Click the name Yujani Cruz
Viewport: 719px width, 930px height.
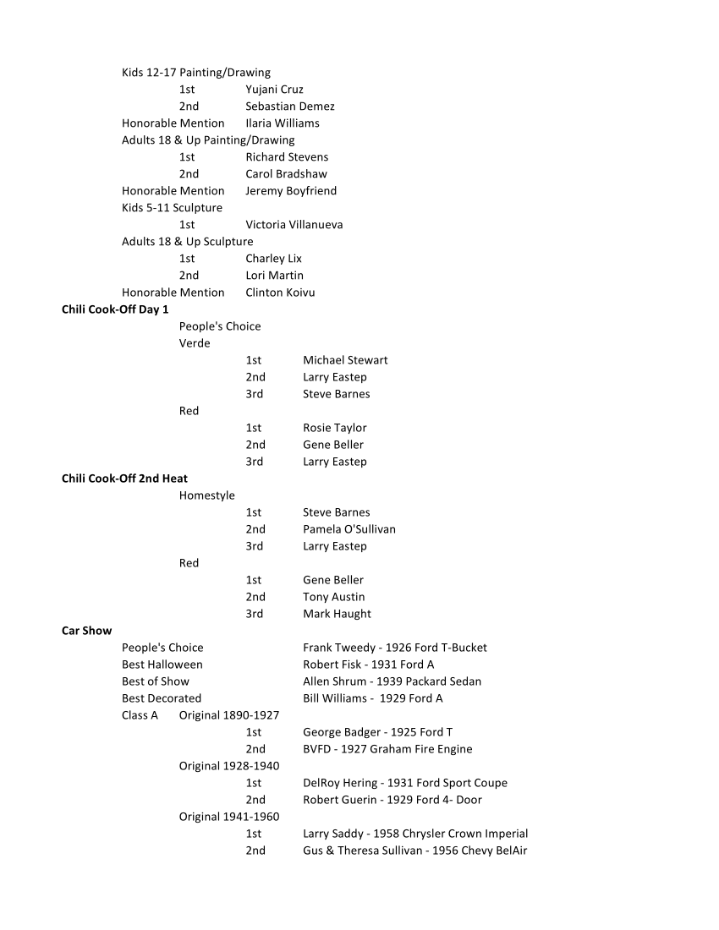pos(274,90)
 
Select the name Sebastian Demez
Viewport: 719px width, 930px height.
pos(289,107)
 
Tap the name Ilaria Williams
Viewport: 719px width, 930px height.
pos(282,123)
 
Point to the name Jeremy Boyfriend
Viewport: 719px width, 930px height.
pos(290,191)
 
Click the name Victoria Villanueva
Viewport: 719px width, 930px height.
pos(294,225)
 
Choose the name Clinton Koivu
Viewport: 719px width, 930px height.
pos(279,293)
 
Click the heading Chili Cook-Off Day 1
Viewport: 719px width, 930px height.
pos(115,309)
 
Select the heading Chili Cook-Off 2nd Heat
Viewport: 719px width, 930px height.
pos(124,479)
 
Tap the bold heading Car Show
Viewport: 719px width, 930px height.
pos(86,631)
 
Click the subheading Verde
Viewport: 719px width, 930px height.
pos(195,343)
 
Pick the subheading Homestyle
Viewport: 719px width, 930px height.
pos(206,495)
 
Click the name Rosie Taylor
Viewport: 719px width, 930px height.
pos(334,428)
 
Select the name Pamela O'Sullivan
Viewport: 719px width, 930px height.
pos(349,529)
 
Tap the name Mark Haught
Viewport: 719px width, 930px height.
pos(337,614)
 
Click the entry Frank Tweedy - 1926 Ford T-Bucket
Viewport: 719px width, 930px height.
pos(394,648)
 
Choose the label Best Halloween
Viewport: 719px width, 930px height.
pos(162,665)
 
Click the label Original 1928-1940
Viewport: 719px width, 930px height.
pos(228,766)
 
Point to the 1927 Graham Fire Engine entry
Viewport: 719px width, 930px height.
pos(387,749)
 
